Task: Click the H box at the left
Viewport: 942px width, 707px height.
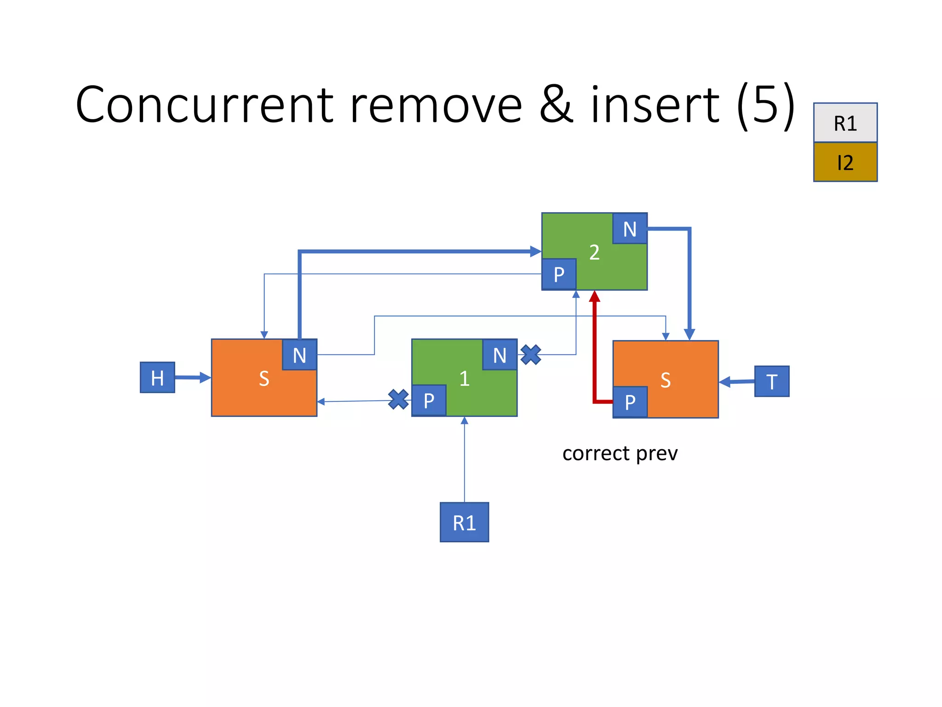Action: coord(157,377)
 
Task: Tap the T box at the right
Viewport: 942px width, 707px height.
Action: coord(771,381)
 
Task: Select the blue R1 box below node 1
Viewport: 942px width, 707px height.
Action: coord(464,522)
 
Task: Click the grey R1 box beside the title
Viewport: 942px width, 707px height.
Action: coord(845,123)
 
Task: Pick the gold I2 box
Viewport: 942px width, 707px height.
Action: coord(845,162)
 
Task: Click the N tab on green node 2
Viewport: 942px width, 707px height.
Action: coord(630,228)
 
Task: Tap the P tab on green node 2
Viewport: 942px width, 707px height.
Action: coord(559,274)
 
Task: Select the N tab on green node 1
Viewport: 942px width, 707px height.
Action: coord(500,355)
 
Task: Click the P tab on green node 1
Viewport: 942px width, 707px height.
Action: coord(429,400)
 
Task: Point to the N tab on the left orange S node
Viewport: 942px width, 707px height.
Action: coord(299,355)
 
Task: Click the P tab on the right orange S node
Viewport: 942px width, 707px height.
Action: coord(630,402)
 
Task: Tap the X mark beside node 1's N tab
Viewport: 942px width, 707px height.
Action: coord(531,355)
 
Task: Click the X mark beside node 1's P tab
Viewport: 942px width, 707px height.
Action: coord(398,399)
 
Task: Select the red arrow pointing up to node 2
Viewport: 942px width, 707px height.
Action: coord(595,350)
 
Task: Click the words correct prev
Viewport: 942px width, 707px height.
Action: coord(620,454)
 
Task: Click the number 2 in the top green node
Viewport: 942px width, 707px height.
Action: coord(594,252)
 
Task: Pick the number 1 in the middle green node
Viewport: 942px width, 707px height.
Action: coord(464,378)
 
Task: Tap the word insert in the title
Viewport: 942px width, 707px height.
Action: coord(655,106)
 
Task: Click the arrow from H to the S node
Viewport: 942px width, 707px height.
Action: coord(192,378)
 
